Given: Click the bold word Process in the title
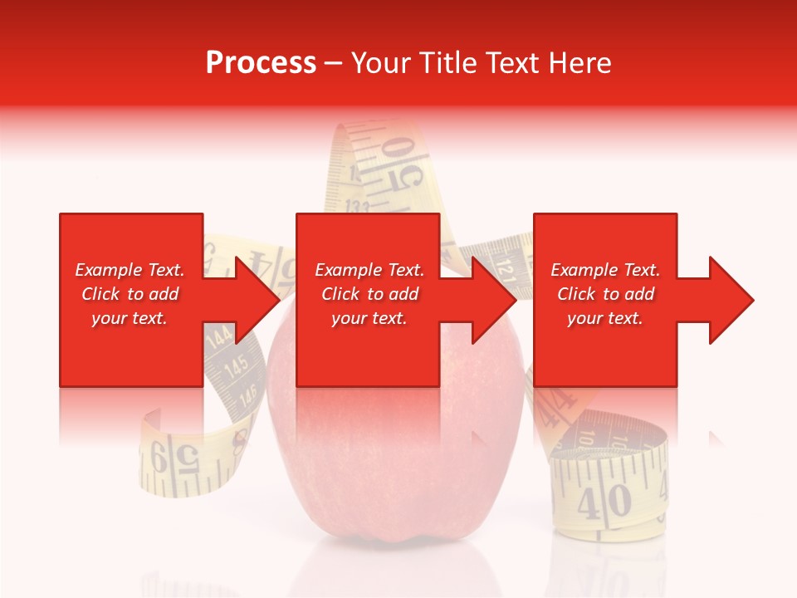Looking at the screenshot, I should (x=261, y=63).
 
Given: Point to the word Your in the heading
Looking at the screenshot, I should (x=381, y=63).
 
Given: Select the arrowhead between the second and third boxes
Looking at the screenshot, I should (x=491, y=300).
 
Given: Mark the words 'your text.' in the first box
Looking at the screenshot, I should (x=129, y=318).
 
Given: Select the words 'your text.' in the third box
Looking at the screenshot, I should (x=604, y=318).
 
